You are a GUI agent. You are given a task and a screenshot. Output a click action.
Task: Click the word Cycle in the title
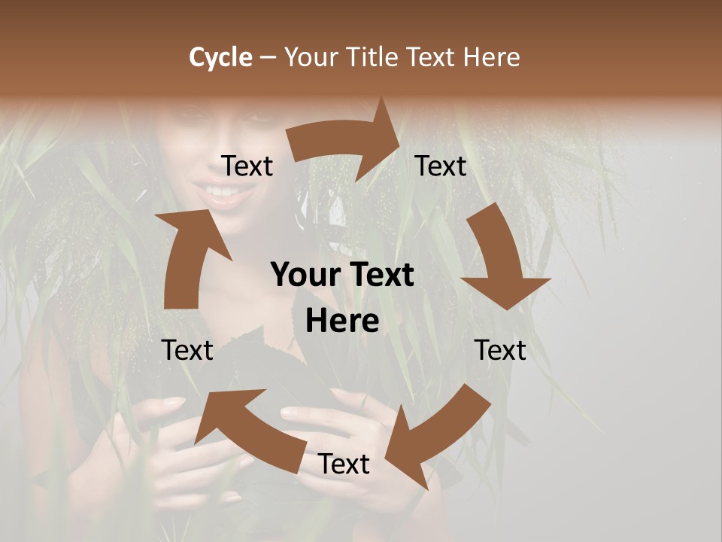coord(220,57)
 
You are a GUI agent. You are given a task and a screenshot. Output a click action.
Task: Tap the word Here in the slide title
coord(491,57)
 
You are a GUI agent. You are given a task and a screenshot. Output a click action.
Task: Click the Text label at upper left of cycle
coord(247,166)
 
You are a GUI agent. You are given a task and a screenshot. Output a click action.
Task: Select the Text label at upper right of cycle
coord(441,166)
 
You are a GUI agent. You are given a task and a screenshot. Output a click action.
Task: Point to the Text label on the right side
coord(500,350)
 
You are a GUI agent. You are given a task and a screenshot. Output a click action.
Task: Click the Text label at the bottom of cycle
coord(344,464)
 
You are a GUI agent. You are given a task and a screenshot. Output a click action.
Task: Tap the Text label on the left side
coord(187,350)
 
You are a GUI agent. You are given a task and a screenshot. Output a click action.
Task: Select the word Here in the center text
coord(342,321)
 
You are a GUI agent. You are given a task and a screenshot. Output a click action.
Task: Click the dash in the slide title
coord(268,57)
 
